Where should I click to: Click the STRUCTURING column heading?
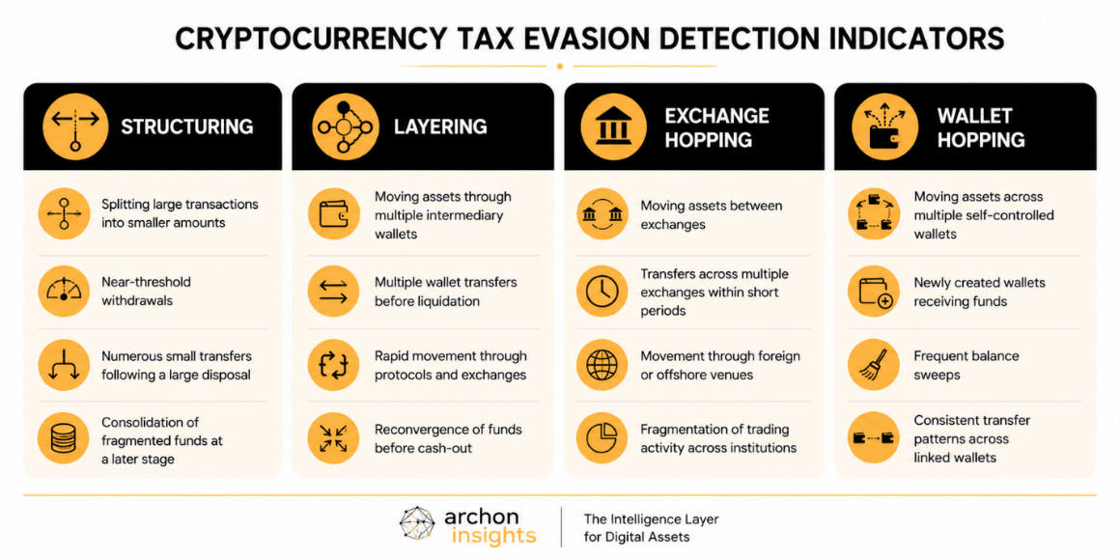coord(186,127)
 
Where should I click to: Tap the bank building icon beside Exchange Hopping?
coord(613,127)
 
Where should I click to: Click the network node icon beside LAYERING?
coord(346,127)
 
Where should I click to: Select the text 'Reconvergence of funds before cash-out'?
coord(449,438)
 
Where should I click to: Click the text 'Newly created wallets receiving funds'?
coord(979,293)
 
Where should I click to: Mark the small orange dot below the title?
coord(560,67)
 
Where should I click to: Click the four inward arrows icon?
coord(333,437)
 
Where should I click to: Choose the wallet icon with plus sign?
coord(875,293)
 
